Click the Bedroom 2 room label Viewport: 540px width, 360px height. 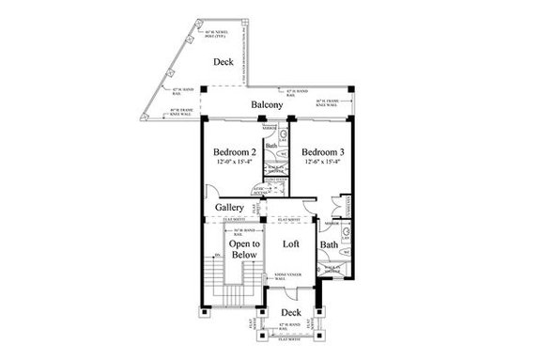tap(235, 152)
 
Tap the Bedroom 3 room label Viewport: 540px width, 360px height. tap(322, 152)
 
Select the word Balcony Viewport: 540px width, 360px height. tap(268, 105)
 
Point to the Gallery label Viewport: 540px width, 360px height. tap(231, 207)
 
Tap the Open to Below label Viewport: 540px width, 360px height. tap(243, 249)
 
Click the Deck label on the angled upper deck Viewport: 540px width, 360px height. tap(223, 63)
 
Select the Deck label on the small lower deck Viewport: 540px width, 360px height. tap(291, 311)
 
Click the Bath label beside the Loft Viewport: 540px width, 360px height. tap(329, 246)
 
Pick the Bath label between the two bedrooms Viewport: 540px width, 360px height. tap(270, 146)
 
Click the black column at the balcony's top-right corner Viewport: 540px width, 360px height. tap(348, 90)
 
